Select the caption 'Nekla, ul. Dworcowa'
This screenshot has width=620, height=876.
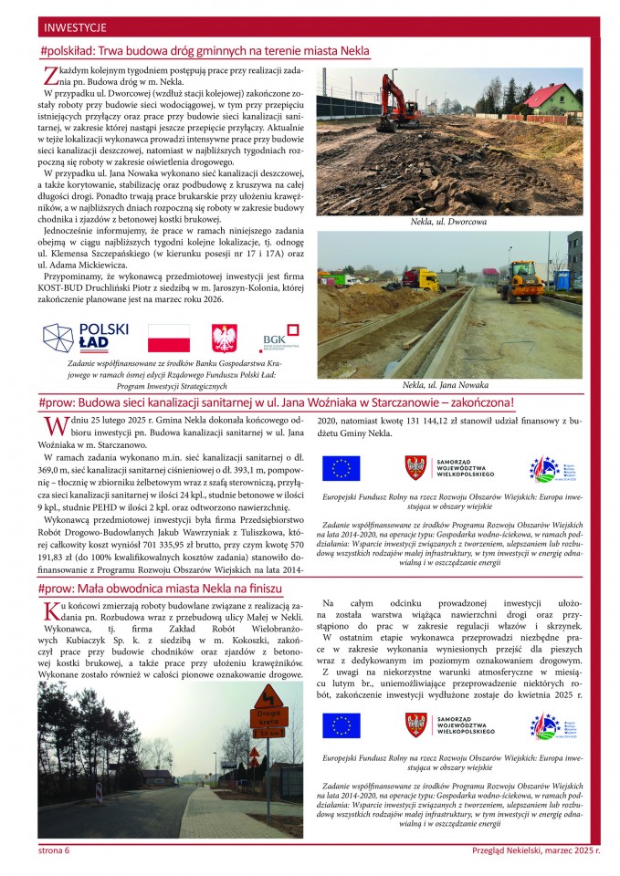coord(448,222)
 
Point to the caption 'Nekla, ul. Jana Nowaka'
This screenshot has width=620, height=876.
coord(448,384)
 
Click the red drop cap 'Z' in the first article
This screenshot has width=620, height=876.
coord(51,76)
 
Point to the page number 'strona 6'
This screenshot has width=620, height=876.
coord(54,850)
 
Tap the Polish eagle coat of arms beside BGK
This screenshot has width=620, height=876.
coord(223,338)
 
